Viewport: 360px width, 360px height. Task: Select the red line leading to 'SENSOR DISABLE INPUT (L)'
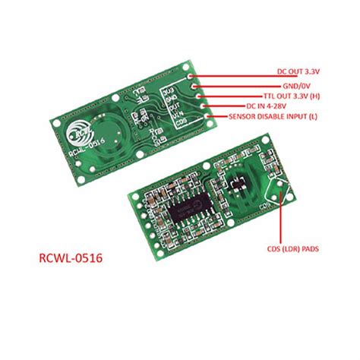(213, 118)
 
